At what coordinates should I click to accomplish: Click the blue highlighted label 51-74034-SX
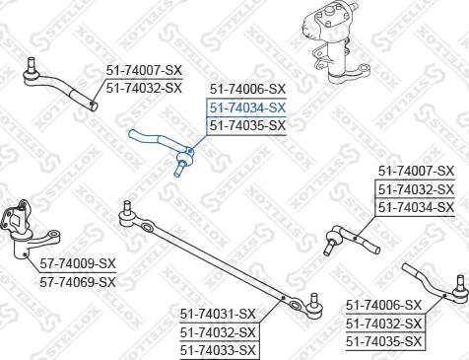[x=246, y=108]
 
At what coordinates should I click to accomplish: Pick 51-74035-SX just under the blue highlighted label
[x=246, y=125]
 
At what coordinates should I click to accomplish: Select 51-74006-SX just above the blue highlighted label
[x=246, y=90]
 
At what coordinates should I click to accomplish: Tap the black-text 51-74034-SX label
[x=416, y=206]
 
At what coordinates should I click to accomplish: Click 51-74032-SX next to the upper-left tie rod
[x=144, y=88]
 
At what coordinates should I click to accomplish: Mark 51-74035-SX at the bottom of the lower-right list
[x=384, y=341]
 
